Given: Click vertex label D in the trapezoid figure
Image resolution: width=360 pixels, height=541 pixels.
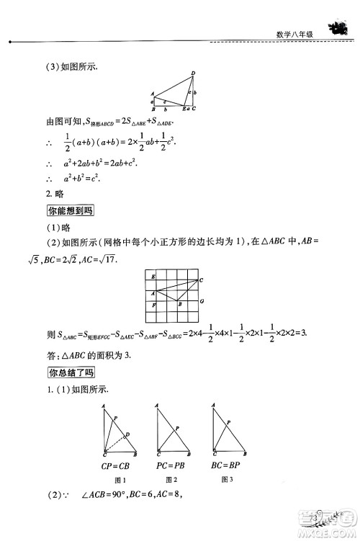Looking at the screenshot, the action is pos(192,73).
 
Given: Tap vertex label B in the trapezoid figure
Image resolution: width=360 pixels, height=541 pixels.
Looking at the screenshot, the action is pos(153,109).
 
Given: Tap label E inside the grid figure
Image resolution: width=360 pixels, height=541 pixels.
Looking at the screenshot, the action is pos(153,277).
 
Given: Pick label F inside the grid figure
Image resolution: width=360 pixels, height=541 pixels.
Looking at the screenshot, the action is pos(153,307).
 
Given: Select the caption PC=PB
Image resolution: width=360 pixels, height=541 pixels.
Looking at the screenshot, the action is pos(171,466).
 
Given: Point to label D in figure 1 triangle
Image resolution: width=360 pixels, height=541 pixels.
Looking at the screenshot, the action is pos(128,434).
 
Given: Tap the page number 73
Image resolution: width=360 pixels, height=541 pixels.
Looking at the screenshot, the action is pos(315,518).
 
